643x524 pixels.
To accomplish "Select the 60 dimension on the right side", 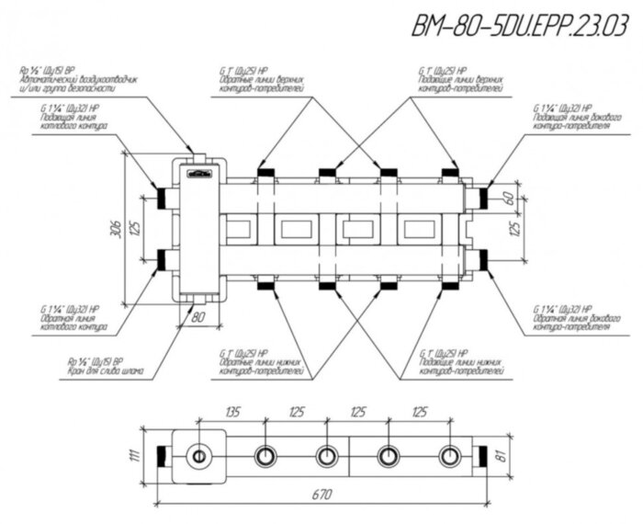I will pos(507,198).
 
